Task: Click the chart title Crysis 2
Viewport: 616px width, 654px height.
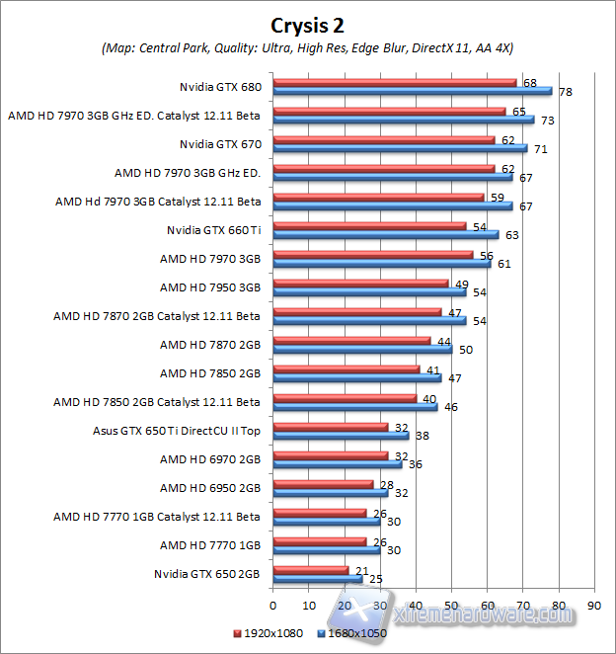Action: [308, 24]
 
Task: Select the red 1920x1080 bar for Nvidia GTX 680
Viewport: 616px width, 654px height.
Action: [395, 82]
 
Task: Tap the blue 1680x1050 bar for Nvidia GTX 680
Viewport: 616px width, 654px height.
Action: [413, 91]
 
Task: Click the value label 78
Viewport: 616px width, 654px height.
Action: [566, 93]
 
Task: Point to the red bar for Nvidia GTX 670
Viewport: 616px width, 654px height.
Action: [384, 140]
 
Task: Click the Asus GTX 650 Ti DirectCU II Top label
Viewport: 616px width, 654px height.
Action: [187, 431]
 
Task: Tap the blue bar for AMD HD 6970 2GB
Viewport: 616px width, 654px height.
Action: [337, 464]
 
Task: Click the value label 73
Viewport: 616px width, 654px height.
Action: [548, 121]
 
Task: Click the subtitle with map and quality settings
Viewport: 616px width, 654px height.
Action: [307, 47]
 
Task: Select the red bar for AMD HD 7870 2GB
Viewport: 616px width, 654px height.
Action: [351, 341]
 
